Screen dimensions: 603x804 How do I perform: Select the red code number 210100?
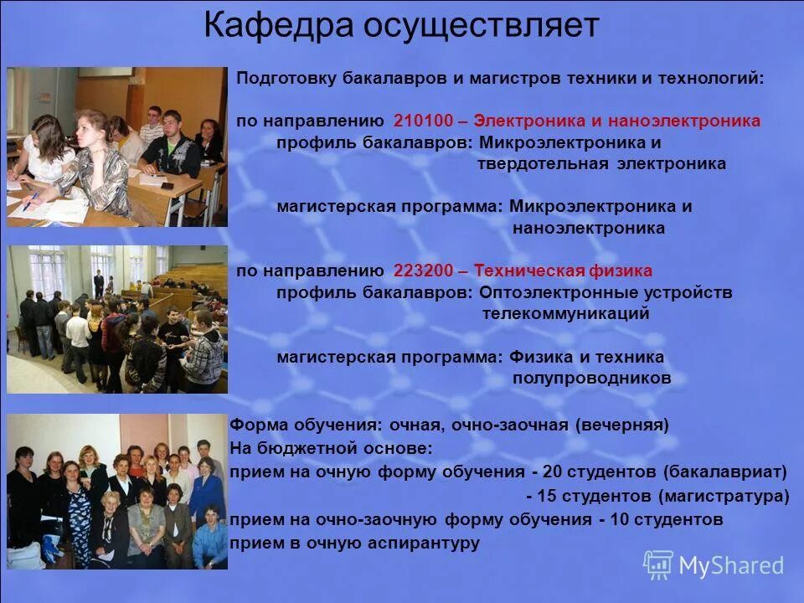(x=422, y=121)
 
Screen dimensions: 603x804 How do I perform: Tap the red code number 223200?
(x=422, y=271)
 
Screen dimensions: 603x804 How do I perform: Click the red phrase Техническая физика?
(x=563, y=271)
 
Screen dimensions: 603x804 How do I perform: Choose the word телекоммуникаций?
(x=566, y=314)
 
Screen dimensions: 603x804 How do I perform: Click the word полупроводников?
(x=592, y=379)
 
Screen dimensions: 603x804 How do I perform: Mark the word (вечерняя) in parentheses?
(x=622, y=425)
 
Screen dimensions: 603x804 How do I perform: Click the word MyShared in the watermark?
(x=731, y=565)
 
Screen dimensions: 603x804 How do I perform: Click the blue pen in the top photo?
(x=32, y=201)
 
